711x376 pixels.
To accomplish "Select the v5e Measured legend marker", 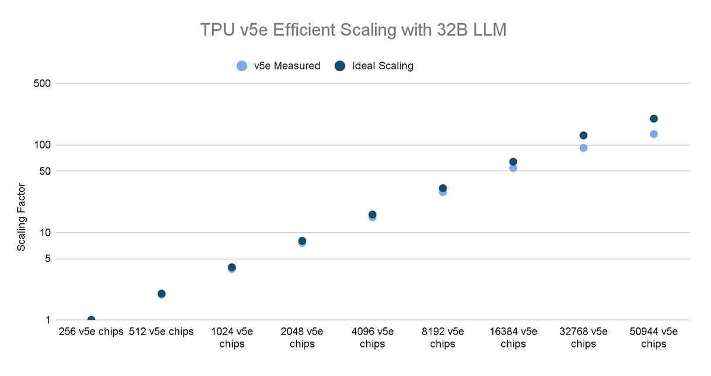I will (241, 66).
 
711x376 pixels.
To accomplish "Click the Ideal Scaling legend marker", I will (340, 66).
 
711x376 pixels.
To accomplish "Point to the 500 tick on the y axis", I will (40, 83).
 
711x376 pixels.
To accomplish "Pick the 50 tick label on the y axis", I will (43, 171).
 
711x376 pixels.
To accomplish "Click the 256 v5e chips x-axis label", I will (91, 332).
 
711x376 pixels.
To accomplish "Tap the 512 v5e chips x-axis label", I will (161, 332).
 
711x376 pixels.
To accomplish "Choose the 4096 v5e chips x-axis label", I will (372, 338).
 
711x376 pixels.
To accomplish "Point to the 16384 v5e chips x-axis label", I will (513, 338).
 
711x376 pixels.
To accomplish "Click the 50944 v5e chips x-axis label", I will (654, 338).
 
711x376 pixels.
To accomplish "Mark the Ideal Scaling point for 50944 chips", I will (654, 119).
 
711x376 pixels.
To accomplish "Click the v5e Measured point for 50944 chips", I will (654, 134).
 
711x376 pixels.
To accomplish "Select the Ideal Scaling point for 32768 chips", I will (583, 136).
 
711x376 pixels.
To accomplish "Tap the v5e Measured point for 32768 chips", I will (583, 147).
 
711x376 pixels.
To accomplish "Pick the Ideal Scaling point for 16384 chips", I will (513, 162).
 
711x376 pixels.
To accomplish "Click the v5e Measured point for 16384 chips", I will (513, 168).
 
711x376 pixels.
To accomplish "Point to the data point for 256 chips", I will (91, 320).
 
